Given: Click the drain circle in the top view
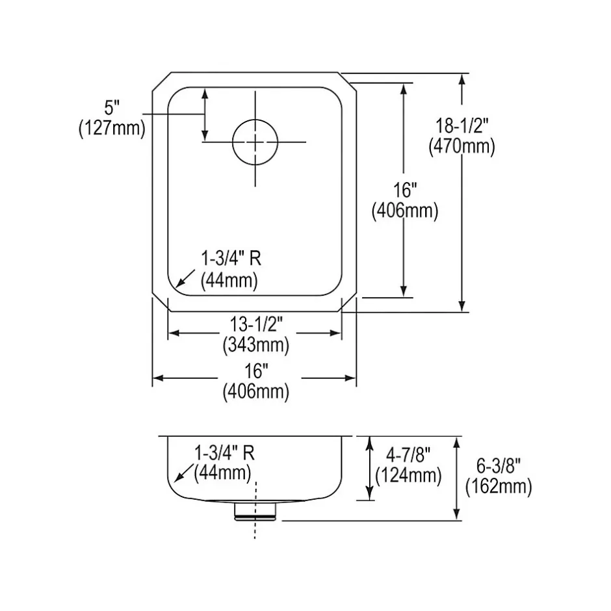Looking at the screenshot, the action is coord(255,142).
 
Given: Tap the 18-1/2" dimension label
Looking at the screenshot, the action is coord(461,126).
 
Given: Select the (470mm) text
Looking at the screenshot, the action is coord(461,146).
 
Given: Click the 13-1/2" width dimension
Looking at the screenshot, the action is coord(256,324).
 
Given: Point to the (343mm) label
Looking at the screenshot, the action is coord(256,345).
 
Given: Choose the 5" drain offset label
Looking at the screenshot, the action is coord(111,107).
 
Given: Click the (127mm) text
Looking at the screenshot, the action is coord(112,128).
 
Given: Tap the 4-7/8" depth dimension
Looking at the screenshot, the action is coord(408,454).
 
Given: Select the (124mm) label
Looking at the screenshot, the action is coord(408,475).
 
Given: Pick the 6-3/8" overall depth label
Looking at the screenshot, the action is coord(499,465).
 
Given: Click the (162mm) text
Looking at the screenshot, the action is coord(499,486).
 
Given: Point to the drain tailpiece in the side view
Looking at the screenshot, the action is coord(255,511).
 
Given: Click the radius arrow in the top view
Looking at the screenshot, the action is coord(185,278).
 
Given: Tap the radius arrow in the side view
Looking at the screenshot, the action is coord(183,473).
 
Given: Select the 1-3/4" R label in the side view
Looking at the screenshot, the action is coord(224,453).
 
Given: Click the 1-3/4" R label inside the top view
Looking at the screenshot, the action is coord(231,258).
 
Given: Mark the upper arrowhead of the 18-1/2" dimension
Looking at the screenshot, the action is coord(462,79).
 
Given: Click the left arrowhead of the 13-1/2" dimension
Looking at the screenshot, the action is coord(174,333).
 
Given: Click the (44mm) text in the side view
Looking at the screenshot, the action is coord(222,473).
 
